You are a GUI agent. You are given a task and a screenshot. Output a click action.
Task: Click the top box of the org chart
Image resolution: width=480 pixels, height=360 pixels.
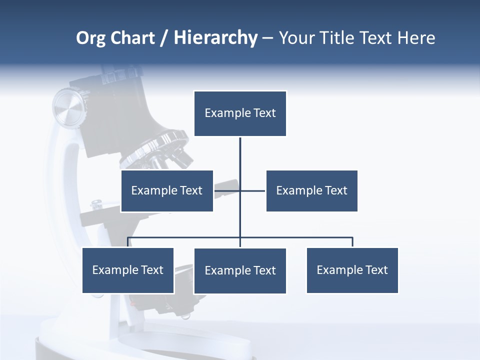click(x=240, y=113)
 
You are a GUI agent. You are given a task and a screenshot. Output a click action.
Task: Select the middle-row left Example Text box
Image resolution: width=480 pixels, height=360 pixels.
click(x=167, y=191)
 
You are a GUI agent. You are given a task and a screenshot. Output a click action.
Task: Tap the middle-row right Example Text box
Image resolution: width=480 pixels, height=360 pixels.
click(x=311, y=191)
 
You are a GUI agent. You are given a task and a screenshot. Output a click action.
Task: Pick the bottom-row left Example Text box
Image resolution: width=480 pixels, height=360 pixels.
click(x=128, y=270)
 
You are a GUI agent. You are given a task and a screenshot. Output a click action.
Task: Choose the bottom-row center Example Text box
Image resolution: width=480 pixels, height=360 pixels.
click(x=240, y=271)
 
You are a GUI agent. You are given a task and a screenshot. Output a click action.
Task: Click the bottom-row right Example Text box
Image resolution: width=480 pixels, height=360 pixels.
click(x=352, y=270)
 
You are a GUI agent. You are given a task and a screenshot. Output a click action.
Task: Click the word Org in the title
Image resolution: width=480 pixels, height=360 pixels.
click(x=90, y=38)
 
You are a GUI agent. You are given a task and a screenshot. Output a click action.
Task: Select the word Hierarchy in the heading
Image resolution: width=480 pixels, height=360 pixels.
click(x=215, y=38)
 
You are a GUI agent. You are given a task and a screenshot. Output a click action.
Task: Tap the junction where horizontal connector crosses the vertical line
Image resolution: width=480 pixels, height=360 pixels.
click(x=240, y=190)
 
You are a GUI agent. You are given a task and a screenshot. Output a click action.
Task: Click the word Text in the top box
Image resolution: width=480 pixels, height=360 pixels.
click(x=264, y=113)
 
